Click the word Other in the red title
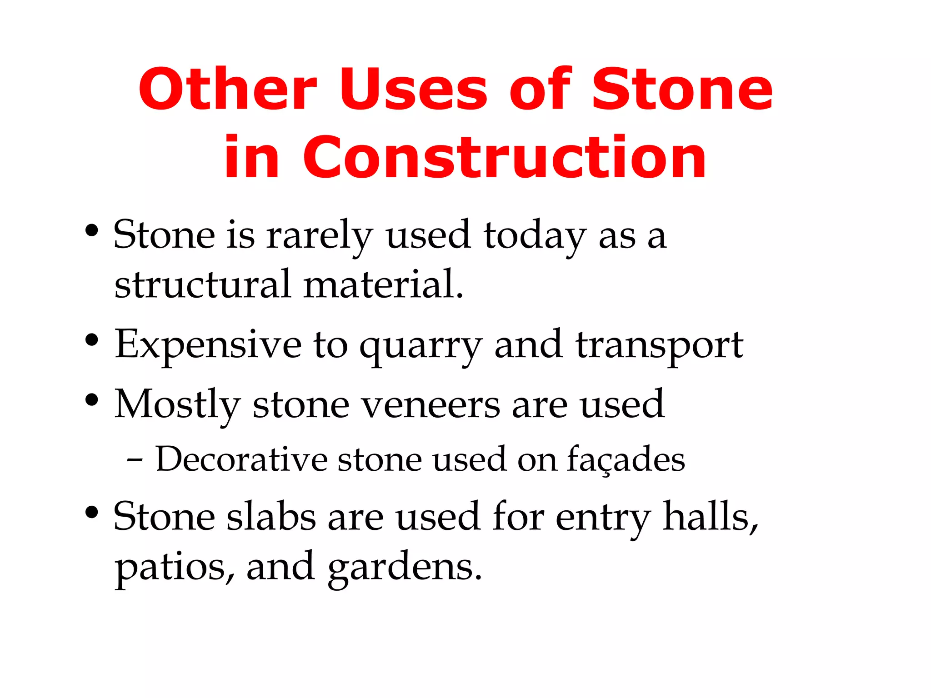point(227,90)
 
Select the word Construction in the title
point(504,158)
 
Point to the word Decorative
point(241,459)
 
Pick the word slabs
point(271,517)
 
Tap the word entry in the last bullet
point(603,519)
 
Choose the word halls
point(710,517)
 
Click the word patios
point(175,568)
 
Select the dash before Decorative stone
point(135,461)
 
